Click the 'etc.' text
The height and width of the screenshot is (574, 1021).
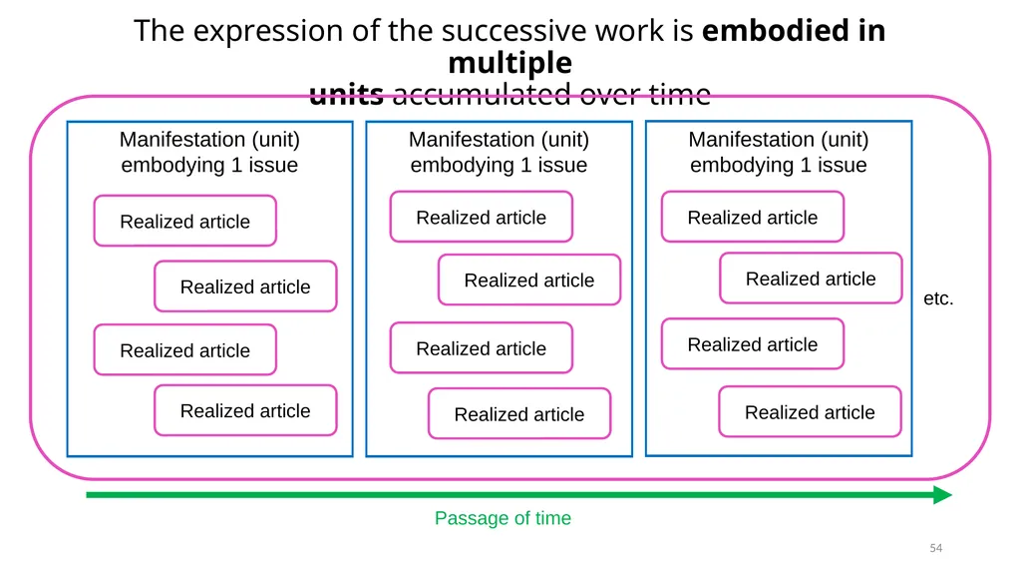(x=937, y=298)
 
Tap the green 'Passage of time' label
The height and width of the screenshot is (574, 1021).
(x=503, y=518)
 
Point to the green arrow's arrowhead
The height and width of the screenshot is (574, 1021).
(x=942, y=495)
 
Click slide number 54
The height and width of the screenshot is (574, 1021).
(x=935, y=548)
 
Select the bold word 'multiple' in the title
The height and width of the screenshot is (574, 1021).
(x=510, y=63)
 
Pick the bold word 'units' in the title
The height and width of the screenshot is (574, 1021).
(x=346, y=95)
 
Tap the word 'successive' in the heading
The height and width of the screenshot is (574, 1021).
(x=522, y=31)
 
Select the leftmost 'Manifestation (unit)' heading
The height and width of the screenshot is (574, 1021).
(x=209, y=139)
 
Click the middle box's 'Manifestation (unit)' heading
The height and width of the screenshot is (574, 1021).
(x=499, y=139)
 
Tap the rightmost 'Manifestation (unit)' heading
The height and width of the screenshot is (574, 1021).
(x=779, y=139)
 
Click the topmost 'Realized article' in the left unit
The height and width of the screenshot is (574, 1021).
(x=184, y=222)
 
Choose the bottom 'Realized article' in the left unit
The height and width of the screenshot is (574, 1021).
(x=245, y=410)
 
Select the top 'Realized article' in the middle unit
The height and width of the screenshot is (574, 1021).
(x=482, y=218)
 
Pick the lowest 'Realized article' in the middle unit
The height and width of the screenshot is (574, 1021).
(x=519, y=414)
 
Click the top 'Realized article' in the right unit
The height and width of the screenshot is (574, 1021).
(x=753, y=218)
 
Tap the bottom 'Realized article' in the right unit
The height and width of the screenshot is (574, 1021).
(x=810, y=412)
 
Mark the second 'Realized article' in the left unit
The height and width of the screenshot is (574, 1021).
(x=245, y=287)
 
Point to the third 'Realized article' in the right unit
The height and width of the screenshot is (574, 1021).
(x=753, y=344)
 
